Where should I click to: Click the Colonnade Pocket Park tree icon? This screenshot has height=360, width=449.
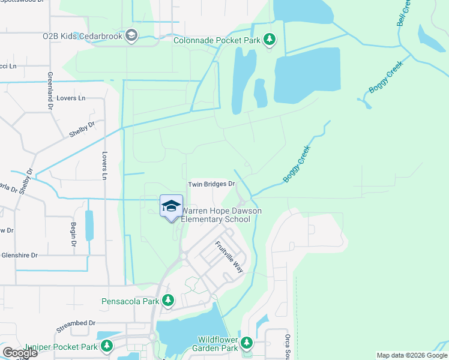click(x=270, y=40)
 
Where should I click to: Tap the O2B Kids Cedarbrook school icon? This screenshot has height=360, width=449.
click(x=130, y=37)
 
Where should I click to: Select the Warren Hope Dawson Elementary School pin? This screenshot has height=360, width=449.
click(x=171, y=206)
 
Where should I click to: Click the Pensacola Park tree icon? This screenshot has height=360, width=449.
click(x=169, y=299)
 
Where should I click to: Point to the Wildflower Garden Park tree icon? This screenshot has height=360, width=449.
click(x=247, y=343)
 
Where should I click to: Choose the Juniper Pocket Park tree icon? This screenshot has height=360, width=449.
click(x=107, y=346)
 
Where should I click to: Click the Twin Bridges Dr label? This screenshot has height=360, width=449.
click(x=211, y=185)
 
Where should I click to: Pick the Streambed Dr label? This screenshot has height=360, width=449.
click(x=76, y=323)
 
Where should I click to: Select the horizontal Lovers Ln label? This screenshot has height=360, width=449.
click(x=71, y=98)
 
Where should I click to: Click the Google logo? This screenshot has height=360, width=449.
click(x=20, y=352)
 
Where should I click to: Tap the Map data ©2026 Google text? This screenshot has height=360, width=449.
click(x=412, y=355)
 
